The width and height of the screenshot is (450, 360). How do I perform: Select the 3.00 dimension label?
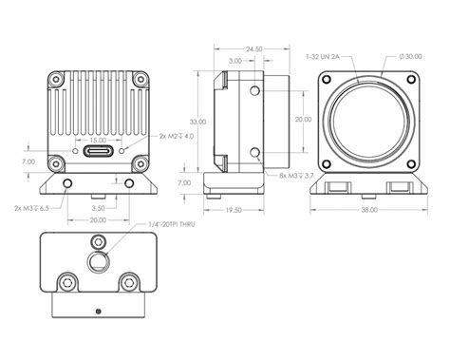(234, 60)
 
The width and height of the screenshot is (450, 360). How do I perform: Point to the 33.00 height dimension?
(196, 122)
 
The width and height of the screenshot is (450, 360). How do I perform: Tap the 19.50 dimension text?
(232, 210)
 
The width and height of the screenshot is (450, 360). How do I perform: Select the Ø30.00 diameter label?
(411, 58)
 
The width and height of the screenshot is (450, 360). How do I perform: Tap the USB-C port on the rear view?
(98, 150)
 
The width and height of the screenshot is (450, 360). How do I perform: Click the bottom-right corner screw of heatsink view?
(139, 161)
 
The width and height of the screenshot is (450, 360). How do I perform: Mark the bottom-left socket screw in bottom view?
(67, 282)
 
